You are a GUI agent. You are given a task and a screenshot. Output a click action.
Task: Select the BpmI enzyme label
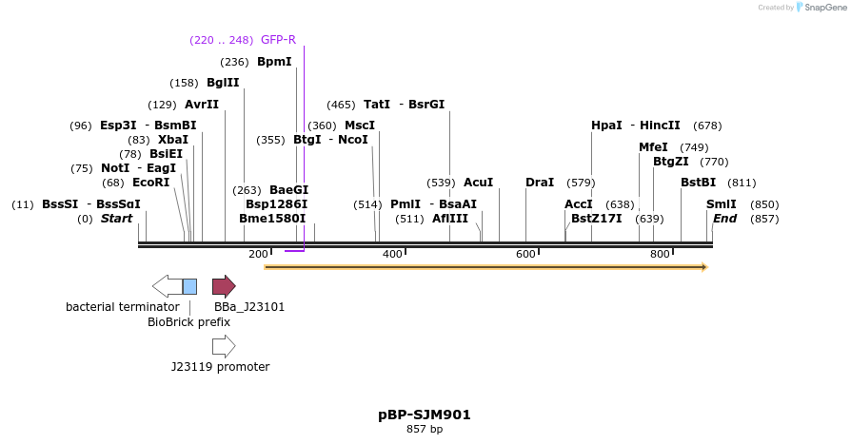(274, 62)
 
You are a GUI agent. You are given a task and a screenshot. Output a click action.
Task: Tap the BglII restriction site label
(223, 83)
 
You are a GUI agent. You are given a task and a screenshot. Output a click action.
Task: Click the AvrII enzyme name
(202, 105)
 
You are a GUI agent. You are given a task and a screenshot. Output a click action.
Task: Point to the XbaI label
(173, 140)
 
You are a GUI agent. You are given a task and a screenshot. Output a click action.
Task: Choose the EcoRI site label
(150, 183)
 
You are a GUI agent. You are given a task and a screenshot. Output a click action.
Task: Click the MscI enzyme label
(360, 125)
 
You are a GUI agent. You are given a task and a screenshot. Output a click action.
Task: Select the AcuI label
(478, 183)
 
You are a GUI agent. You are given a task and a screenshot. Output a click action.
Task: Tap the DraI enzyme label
(540, 183)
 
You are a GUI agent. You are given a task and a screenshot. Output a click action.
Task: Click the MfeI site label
(653, 147)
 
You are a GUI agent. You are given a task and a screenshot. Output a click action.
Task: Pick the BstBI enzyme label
(698, 183)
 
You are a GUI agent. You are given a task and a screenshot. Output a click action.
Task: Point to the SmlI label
(722, 204)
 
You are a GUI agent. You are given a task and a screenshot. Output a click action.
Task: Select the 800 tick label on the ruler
(660, 255)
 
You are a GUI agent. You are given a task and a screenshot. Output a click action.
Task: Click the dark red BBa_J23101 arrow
(224, 286)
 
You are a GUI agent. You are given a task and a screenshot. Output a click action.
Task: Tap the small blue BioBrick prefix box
(189, 286)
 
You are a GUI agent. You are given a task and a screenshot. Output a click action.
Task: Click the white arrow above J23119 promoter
(224, 346)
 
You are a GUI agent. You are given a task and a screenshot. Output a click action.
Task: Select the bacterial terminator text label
(122, 307)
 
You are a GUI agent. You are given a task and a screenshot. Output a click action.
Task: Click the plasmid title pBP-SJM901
(425, 415)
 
